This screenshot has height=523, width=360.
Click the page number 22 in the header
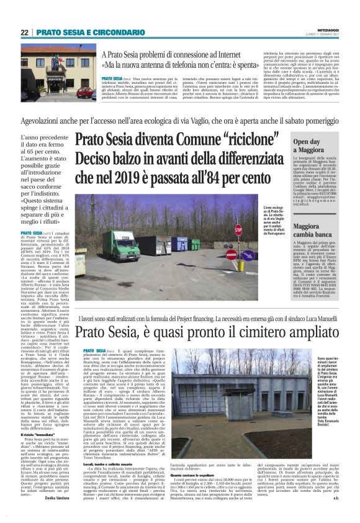click(x=24, y=32)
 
